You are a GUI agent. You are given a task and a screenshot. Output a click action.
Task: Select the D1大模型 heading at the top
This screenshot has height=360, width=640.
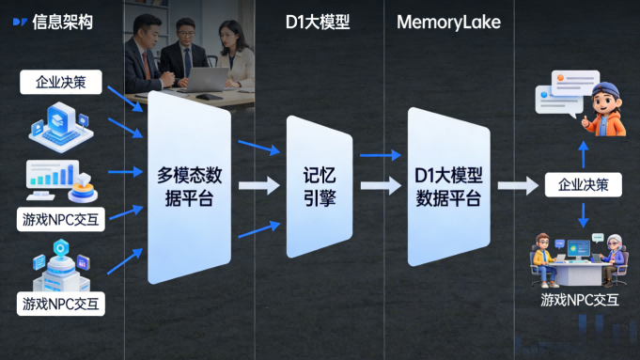[x=317, y=22]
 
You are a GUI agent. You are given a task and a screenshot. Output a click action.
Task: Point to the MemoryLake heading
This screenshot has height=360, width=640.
[x=448, y=22]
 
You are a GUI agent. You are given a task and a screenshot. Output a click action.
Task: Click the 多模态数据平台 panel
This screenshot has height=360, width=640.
[x=187, y=186]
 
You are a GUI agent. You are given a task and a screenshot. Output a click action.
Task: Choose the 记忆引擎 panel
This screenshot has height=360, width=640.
[x=319, y=186]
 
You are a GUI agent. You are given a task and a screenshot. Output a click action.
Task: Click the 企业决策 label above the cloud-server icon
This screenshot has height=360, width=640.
[x=61, y=82]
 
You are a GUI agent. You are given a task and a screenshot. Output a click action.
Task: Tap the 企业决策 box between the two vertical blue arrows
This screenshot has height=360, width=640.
[x=583, y=185]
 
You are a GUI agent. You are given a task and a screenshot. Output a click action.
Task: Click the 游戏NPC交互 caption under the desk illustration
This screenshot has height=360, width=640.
[x=580, y=300]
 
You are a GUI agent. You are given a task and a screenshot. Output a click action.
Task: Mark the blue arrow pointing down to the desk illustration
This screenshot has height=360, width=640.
[x=583, y=215]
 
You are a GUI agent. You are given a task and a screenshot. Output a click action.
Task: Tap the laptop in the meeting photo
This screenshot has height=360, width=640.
[x=209, y=77]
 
